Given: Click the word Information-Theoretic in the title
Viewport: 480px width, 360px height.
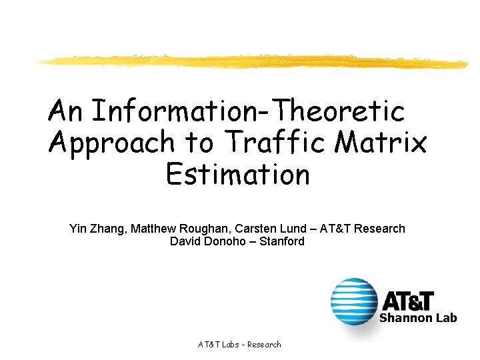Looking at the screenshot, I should (x=247, y=111).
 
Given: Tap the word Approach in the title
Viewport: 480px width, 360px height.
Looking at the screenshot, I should (x=112, y=143).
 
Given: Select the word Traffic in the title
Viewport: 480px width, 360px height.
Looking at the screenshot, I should (x=281, y=143).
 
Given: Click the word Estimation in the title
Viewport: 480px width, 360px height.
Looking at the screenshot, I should (x=238, y=175).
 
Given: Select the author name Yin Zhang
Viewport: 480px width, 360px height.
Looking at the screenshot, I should (x=97, y=229).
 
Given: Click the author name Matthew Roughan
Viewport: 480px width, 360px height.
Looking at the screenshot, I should (x=173, y=229).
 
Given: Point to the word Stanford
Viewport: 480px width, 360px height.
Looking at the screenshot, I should (x=283, y=241).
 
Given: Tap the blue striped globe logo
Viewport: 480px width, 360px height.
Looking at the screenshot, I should (x=353, y=301).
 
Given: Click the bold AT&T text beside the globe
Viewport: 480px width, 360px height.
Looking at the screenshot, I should (x=407, y=301).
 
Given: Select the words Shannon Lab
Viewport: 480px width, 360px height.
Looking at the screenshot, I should (x=418, y=318).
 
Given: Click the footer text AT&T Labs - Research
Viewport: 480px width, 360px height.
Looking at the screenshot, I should (x=239, y=345).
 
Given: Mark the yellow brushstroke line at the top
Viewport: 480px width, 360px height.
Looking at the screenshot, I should (x=253, y=61).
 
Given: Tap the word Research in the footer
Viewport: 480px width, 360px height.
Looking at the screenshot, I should (x=263, y=345).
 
